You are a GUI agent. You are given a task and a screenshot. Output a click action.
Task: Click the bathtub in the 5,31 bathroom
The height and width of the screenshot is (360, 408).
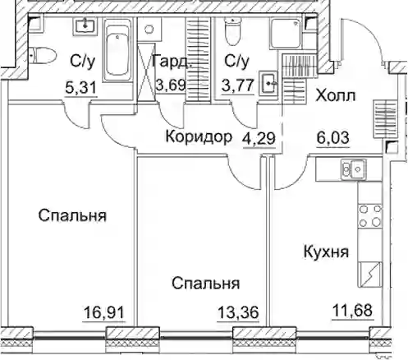(x=117, y=49)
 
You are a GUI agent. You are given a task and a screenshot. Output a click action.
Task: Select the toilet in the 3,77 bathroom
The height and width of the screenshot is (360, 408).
(x=232, y=31)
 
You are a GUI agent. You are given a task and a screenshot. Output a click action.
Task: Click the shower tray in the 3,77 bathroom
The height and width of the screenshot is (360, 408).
(x=286, y=34)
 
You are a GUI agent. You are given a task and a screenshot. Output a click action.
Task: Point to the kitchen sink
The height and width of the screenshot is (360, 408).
(x=353, y=170)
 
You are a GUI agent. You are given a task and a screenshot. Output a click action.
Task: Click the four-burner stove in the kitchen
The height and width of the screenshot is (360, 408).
(x=370, y=216)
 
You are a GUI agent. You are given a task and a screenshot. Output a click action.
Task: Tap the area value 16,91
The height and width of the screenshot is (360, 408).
(x=104, y=312)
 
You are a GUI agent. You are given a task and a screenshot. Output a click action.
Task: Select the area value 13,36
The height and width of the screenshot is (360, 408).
(x=238, y=312)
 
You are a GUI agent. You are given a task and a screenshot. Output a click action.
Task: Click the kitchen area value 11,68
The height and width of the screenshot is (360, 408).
(x=353, y=311)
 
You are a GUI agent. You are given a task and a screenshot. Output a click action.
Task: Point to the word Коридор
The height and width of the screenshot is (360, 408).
(x=199, y=136)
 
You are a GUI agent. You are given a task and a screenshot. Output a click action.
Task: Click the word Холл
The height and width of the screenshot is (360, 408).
(x=336, y=95)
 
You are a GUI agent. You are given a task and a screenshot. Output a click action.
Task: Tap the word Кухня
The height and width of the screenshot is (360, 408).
(x=326, y=252)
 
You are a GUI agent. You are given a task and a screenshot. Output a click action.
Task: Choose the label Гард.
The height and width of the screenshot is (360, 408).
(x=172, y=61)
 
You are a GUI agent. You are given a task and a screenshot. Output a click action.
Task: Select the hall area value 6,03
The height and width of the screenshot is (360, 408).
(x=333, y=137)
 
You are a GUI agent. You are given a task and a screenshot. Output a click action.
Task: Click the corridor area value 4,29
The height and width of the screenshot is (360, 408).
(x=259, y=138)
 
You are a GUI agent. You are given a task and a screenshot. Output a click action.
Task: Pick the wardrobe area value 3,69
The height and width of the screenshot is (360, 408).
(x=171, y=85)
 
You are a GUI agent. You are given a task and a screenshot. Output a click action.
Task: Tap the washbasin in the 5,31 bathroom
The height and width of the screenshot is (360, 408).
(x=85, y=26)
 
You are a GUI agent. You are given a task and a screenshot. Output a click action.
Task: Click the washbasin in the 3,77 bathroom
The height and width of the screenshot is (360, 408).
(x=268, y=83)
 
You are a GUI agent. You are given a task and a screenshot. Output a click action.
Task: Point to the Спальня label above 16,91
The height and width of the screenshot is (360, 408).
(x=72, y=215)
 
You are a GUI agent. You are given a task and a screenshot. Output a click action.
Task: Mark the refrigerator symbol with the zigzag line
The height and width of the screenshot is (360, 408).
(x=370, y=275)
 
